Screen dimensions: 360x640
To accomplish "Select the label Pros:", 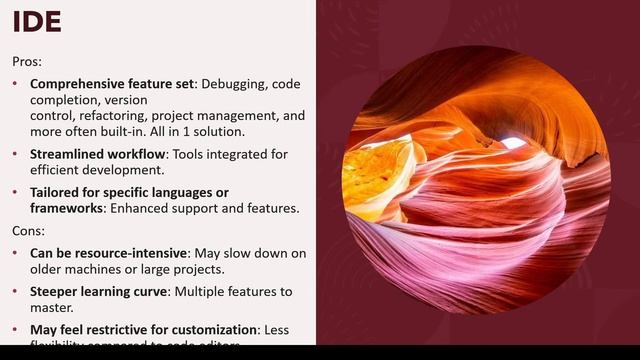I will (27, 61).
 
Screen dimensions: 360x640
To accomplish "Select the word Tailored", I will (57, 192).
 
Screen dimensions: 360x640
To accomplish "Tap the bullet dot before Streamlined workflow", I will (16, 154).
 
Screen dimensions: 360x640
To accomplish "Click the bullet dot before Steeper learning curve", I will (16, 291).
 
